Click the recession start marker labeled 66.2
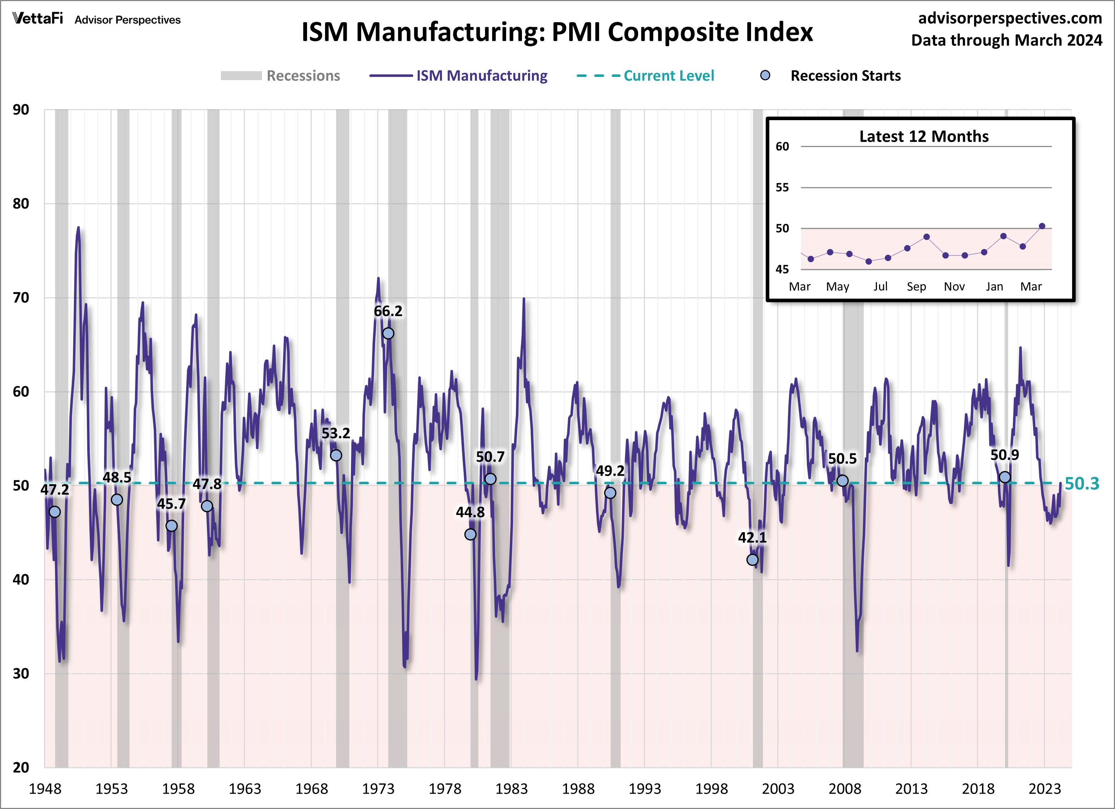click(x=388, y=333)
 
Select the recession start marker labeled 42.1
click(x=752, y=560)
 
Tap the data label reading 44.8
click(x=470, y=513)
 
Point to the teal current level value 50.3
click(x=1081, y=484)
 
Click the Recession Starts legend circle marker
click(x=765, y=75)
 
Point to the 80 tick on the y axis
click(x=21, y=204)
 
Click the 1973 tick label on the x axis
click(x=378, y=789)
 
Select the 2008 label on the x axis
click(x=845, y=789)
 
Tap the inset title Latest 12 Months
click(x=924, y=136)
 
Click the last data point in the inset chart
click(x=1042, y=226)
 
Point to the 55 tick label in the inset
click(x=782, y=187)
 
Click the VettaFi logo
click(x=38, y=19)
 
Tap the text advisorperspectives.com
click(x=1010, y=18)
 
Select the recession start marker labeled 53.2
click(x=336, y=455)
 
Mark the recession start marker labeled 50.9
click(x=1005, y=477)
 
